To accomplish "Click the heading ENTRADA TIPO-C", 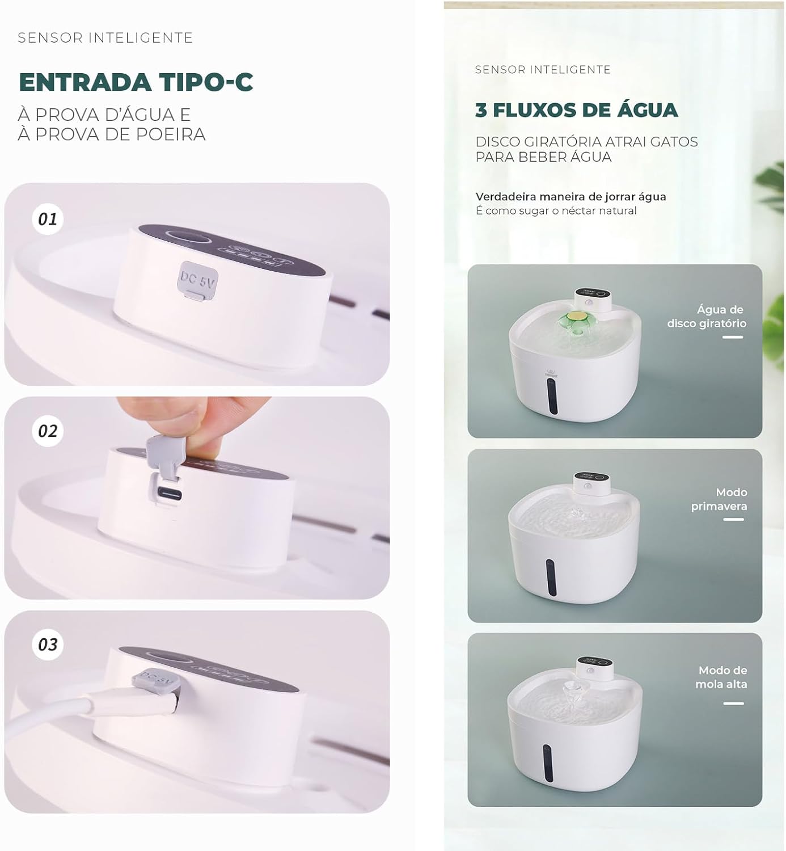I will (136, 82).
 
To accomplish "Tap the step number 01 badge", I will (48, 219).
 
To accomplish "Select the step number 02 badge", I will (48, 431).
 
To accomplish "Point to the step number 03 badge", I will (48, 644).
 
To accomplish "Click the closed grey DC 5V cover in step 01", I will (198, 279).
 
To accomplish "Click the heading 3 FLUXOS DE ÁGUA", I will (576, 110).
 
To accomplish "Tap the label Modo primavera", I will (719, 499).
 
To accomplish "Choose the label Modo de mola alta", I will (721, 677).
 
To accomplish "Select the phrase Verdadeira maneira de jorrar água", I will (571, 197).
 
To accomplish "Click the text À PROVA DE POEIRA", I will (111, 134).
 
